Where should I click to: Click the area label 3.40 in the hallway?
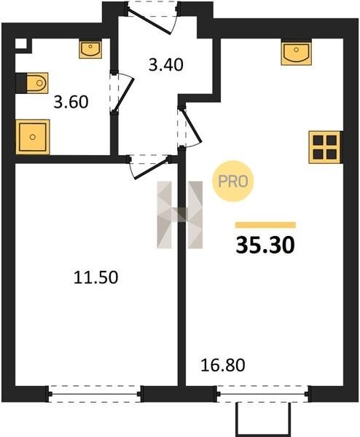click(165, 65)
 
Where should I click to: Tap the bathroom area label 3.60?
click(71, 102)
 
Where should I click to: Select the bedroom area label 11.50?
click(95, 278)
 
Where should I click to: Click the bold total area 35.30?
click(265, 245)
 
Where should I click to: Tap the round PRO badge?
click(233, 181)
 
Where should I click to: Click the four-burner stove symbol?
click(325, 147)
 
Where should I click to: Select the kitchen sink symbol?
click(296, 54)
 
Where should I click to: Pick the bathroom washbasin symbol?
click(90, 50)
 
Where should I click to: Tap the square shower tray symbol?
click(33, 137)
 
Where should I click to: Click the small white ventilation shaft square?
click(21, 44)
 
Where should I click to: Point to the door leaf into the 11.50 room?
click(152, 168)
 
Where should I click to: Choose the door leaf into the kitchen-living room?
click(192, 126)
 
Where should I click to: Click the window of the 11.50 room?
click(95, 394)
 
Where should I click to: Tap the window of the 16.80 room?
click(262, 394)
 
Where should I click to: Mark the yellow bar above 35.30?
click(265, 225)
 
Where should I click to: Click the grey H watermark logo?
click(180, 215)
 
